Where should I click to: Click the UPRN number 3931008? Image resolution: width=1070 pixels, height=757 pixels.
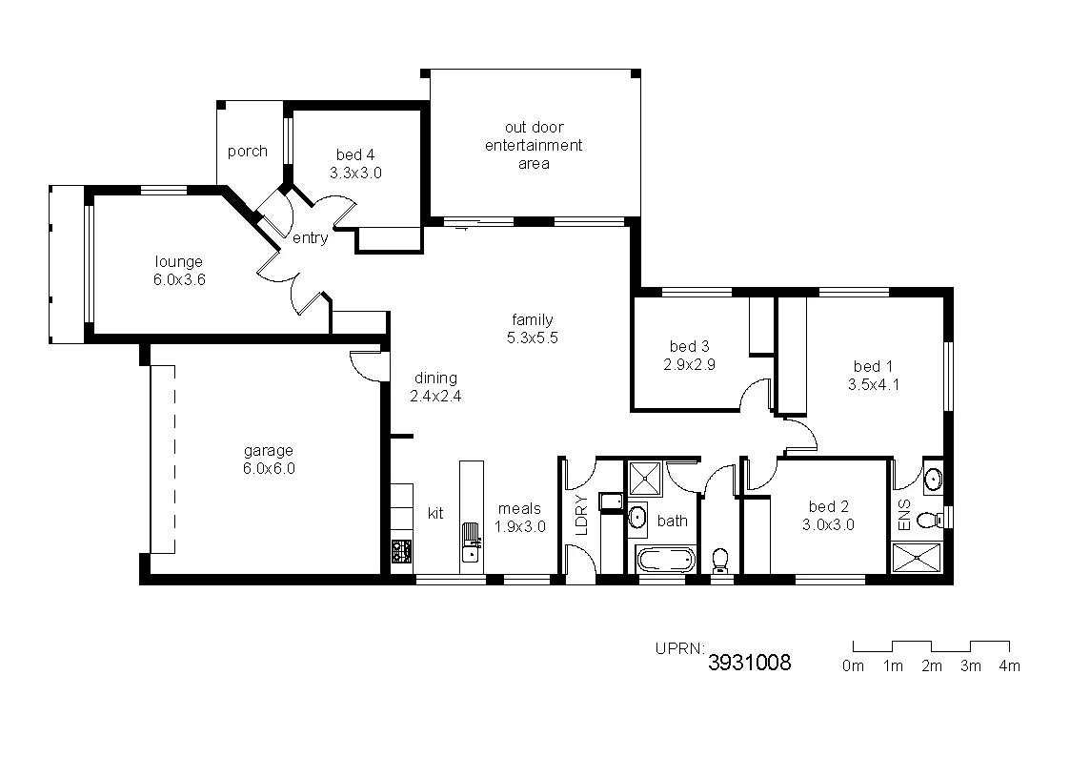pos(749,663)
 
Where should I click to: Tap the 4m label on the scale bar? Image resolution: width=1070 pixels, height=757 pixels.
pos(1009,666)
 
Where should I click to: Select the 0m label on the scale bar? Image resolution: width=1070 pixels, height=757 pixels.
pos(853,666)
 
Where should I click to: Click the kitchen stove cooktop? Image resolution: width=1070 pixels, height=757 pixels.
pos(401,550)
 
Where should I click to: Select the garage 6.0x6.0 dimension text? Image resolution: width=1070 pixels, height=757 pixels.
pos(268,468)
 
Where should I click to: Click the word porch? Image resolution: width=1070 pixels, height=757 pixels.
pos(248,152)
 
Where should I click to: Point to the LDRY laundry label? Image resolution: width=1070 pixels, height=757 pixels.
pos(581,516)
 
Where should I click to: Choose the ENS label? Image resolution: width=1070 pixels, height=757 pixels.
pos(904,514)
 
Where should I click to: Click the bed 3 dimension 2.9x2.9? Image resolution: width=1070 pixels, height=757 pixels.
pos(689,364)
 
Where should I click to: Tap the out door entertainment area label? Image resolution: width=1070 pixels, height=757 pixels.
pos(534,145)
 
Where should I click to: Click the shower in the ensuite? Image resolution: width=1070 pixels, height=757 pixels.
pos(917,558)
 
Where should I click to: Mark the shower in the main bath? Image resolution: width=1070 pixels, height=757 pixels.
pos(644,477)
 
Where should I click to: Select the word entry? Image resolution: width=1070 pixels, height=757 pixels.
pos(310,238)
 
